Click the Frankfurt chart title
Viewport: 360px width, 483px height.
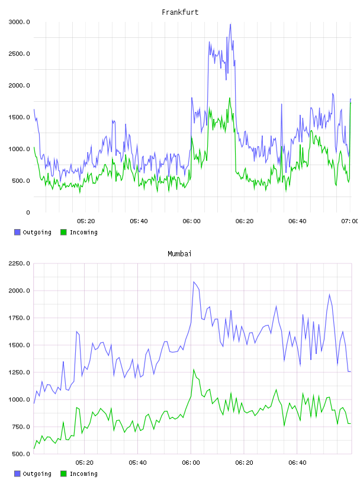tap(180, 12)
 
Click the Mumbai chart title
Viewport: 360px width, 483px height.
tap(179, 254)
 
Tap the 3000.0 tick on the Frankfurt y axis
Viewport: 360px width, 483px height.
tap(19, 22)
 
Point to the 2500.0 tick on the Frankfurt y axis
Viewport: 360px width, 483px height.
tap(19, 54)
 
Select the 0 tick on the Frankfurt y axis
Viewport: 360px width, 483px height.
tap(28, 212)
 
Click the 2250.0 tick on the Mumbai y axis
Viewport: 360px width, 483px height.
tap(19, 263)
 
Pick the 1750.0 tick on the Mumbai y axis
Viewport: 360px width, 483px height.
tap(19, 318)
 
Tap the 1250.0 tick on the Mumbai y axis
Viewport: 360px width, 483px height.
tap(19, 372)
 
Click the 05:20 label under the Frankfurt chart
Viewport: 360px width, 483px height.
tap(86, 221)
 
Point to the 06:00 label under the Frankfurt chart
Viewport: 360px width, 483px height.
tap(191, 221)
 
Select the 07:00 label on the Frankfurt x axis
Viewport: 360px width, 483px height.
tap(350, 221)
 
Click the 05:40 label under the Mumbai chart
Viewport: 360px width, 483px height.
tap(137, 463)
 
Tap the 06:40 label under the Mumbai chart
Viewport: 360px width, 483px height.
tap(297, 463)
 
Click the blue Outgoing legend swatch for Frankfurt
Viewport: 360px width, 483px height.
tap(17, 232)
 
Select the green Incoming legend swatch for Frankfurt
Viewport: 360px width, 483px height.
tap(63, 232)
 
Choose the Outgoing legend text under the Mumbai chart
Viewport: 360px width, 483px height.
tap(37, 474)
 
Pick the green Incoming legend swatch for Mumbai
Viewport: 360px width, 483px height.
tap(63, 474)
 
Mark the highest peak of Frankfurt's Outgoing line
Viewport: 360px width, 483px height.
tap(230, 24)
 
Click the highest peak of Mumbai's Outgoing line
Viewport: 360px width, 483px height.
tap(194, 282)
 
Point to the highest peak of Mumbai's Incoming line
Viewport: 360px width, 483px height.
tap(194, 369)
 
